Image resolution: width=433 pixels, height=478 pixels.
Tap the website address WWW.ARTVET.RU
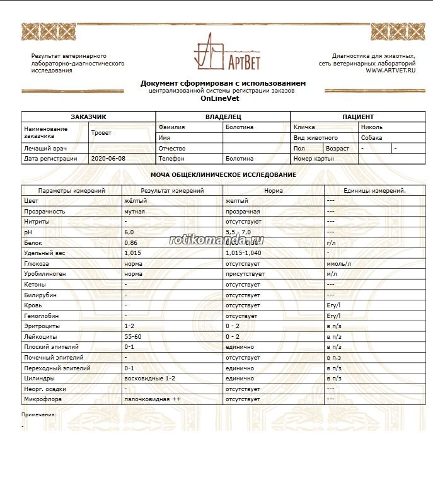coord(391,71)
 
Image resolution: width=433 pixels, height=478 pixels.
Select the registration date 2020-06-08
coord(108,159)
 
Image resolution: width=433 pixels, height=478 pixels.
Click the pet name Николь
coord(371,127)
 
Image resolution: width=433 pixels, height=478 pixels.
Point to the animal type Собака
coord(372,138)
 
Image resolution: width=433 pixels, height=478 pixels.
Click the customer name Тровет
coord(101,133)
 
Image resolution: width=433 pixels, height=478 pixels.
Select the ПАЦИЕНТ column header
coord(358,117)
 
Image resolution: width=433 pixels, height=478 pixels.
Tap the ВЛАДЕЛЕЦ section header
coord(223,117)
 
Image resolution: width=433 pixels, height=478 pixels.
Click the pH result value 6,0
coord(129,232)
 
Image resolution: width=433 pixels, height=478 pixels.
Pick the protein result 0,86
coord(131,242)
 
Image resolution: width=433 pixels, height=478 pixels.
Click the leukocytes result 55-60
coord(133,336)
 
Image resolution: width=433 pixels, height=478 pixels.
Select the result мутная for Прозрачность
coord(134,212)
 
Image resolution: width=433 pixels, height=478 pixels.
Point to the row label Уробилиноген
coord(45,274)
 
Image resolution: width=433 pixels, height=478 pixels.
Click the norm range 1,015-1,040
coord(243,253)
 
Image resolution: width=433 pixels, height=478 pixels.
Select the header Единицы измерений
coord(374,190)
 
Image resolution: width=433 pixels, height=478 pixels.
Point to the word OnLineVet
coord(222,99)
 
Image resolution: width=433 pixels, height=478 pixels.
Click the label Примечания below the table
coord(38,414)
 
